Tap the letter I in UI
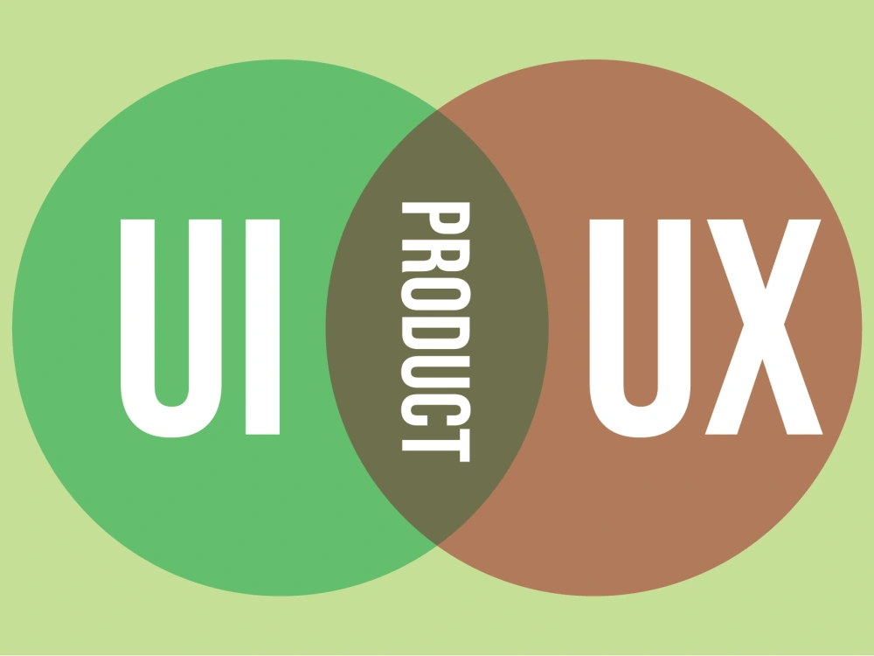pos(262,327)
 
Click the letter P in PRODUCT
pos(435,218)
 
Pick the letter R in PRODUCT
pos(435,256)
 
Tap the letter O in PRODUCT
pos(435,294)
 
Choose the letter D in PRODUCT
pos(435,333)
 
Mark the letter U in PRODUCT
pos(435,372)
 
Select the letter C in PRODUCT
pos(435,410)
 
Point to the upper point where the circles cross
pos(437,110)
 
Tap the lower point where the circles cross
pos(437,545)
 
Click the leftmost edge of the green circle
pos(13,327)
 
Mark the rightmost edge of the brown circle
pos(861,327)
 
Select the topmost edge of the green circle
pos(281,59)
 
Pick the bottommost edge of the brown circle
pos(593,595)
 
